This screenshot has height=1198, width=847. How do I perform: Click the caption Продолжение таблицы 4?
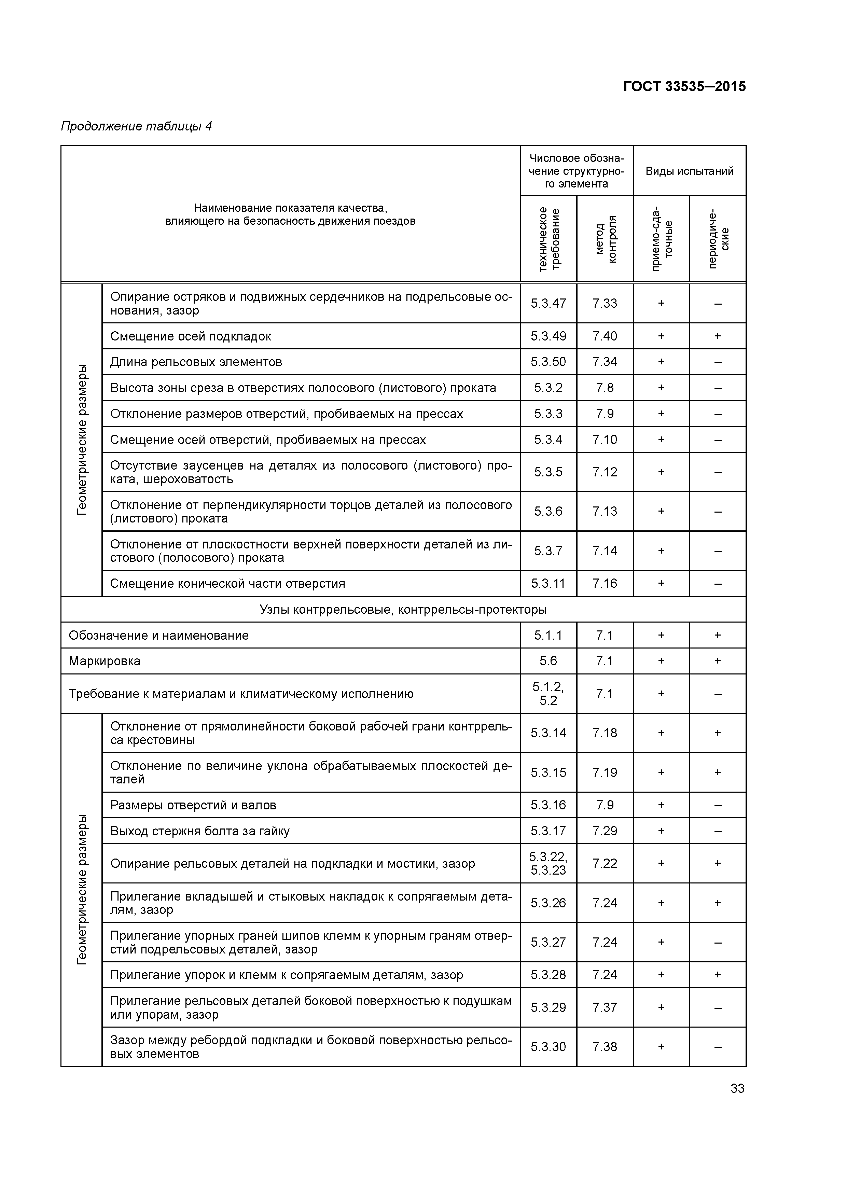pos(136,126)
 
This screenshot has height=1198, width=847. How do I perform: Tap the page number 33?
pos(737,1088)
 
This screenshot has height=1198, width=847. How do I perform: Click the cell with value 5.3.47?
pos(548,303)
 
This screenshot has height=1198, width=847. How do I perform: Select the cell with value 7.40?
pos(604,336)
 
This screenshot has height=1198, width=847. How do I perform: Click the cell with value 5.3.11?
pos(548,583)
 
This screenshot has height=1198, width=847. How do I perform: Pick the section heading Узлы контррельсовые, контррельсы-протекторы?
pos(403,610)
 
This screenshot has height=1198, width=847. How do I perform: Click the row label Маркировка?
pos(105,661)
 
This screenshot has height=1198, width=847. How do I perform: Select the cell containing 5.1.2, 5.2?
pos(548,694)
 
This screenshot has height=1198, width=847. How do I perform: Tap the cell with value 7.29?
pos(604,831)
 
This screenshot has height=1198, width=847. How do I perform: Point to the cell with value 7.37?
pos(604,1007)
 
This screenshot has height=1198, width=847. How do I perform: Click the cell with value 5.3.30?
pos(548,1047)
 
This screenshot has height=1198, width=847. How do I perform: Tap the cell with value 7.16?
pos(604,583)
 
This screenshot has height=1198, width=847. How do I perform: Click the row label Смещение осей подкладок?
pos(191,336)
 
